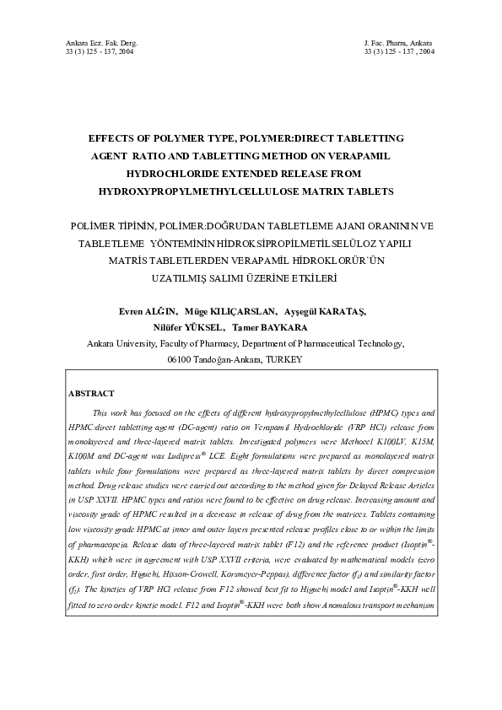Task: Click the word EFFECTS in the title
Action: click(x=116, y=137)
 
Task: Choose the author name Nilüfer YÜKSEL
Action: click(x=189, y=327)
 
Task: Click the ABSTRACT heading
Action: click(x=90, y=394)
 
